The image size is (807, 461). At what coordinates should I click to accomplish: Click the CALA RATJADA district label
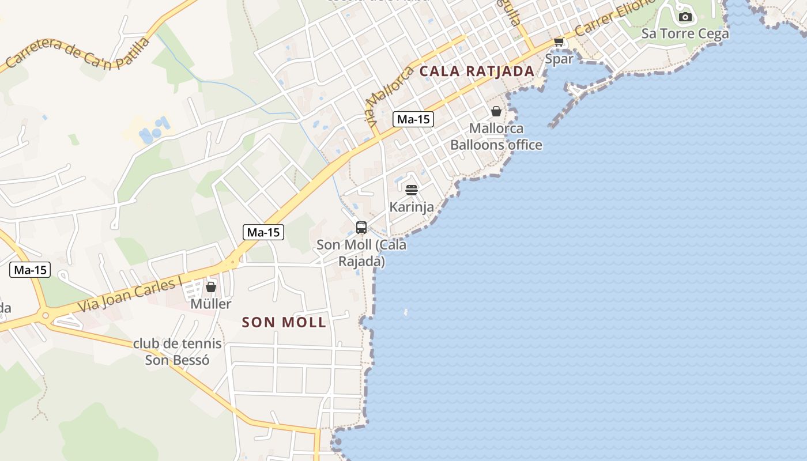pyautogui.click(x=477, y=71)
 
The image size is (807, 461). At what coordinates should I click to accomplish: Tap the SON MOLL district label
pyautogui.click(x=284, y=322)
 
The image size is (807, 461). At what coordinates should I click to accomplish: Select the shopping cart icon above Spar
pyautogui.click(x=558, y=41)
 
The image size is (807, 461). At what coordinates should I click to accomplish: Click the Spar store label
pyautogui.click(x=559, y=59)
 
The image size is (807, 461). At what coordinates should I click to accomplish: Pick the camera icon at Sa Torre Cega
pyautogui.click(x=685, y=17)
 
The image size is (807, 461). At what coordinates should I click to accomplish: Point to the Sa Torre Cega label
pyautogui.click(x=685, y=33)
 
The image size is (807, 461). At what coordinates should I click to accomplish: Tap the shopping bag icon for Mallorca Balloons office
pyautogui.click(x=496, y=111)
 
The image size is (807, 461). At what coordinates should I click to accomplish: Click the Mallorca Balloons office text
pyautogui.click(x=496, y=137)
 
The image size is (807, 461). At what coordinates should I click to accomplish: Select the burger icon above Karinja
pyautogui.click(x=411, y=190)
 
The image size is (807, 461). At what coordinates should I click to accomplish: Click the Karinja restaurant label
pyautogui.click(x=411, y=206)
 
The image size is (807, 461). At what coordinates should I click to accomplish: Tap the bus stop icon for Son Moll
pyautogui.click(x=361, y=228)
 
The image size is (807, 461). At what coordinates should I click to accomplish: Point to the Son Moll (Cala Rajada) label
pyautogui.click(x=361, y=253)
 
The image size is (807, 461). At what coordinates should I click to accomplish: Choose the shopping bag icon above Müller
pyautogui.click(x=211, y=286)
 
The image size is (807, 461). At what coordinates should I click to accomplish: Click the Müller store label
pyautogui.click(x=211, y=304)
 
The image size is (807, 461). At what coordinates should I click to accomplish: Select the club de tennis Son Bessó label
pyautogui.click(x=177, y=352)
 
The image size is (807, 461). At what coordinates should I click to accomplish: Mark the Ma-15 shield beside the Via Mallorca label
pyautogui.click(x=413, y=119)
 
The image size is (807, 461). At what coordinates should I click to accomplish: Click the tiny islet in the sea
pyautogui.click(x=406, y=312)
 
